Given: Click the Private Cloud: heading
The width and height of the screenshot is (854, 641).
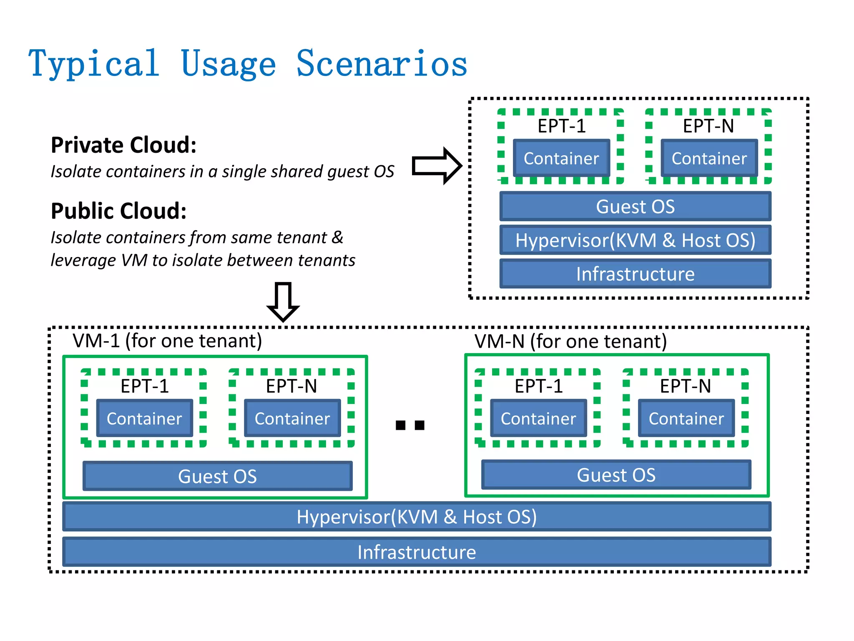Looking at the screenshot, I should [x=123, y=145].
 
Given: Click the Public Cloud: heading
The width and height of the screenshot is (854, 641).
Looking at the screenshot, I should [x=118, y=211].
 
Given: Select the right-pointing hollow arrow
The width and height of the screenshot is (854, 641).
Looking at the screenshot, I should [x=436, y=166].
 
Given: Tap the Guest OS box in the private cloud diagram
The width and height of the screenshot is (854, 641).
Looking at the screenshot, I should [x=635, y=207].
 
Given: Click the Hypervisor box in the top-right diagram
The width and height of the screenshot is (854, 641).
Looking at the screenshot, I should [x=635, y=240].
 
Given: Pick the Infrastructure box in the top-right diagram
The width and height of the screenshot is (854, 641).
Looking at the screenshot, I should [x=635, y=274].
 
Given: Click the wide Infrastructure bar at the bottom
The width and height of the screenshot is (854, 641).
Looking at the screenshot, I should [x=417, y=552].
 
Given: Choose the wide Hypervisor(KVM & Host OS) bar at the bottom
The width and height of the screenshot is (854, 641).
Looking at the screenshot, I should [x=417, y=517].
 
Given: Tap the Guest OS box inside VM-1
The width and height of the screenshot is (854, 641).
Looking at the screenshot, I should [x=217, y=476].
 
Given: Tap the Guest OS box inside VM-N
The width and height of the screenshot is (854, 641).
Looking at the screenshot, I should [x=616, y=475].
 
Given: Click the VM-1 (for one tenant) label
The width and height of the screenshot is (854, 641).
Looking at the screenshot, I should [x=167, y=341].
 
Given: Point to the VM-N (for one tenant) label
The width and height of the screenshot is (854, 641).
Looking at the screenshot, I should [x=570, y=341].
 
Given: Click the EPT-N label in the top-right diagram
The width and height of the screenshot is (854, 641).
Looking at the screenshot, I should [x=708, y=126].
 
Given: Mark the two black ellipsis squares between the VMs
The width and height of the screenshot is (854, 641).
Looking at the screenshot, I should [x=410, y=425].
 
